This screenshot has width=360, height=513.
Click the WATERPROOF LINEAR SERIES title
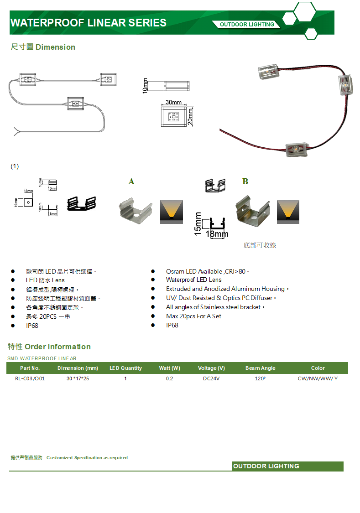(88, 23)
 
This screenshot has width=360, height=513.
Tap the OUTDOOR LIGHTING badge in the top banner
(247, 25)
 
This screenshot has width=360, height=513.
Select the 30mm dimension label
(173, 102)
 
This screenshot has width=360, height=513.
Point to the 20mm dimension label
(190, 117)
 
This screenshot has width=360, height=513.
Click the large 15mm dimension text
(198, 223)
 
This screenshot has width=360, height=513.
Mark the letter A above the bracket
(131, 181)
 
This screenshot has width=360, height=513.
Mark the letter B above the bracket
(245, 181)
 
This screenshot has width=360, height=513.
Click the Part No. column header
(30, 368)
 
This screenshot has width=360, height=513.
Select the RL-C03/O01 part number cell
(30, 378)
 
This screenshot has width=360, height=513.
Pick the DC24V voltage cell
(211, 378)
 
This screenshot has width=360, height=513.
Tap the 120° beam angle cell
(261, 378)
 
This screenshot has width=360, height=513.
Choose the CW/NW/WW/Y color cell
(318, 378)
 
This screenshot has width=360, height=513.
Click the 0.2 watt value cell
(170, 378)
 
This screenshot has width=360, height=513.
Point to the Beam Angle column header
(261, 368)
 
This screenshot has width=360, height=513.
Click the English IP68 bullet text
(172, 325)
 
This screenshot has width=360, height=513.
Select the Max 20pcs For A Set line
(193, 316)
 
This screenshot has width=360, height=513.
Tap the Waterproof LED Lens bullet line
(193, 280)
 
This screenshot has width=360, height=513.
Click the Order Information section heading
(49, 347)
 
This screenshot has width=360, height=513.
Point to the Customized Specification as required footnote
(87, 457)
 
